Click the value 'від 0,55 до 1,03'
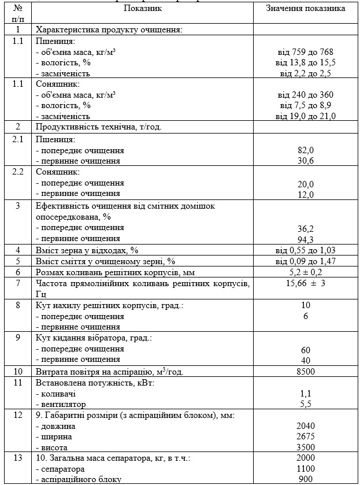pyautogui.click(x=306, y=250)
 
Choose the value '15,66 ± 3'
pyautogui.click(x=306, y=283)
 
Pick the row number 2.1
pyautogui.click(x=18, y=139)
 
